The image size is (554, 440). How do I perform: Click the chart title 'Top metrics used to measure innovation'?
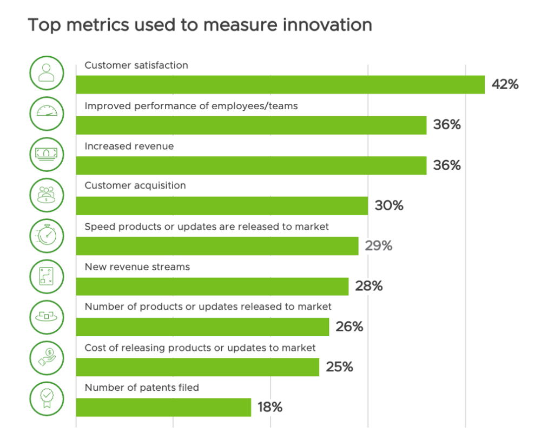pos(200,25)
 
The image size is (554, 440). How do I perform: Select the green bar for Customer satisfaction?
pos(280,85)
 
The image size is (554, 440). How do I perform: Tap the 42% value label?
pos(505,84)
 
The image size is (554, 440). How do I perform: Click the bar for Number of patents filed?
pos(163,407)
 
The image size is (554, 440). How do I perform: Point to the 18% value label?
pos(270,407)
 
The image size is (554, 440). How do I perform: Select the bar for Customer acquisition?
pos(222,206)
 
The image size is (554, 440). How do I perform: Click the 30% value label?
pos(389,206)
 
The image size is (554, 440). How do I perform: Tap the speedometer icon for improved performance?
pos(47,114)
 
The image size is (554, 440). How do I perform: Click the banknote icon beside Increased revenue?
pos(47,154)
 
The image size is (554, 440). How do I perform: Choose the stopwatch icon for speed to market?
pos(47,236)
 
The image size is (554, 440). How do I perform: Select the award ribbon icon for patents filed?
pos(47,398)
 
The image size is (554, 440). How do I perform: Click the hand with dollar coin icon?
pos(47,357)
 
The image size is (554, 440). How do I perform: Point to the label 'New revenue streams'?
pos(137,266)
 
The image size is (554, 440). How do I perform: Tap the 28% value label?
pos(369,286)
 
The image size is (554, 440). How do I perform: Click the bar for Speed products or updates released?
pos(217,246)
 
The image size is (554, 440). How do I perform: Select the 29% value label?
pos(379,246)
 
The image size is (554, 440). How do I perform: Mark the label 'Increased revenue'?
pos(129,146)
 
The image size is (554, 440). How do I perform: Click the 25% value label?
pos(339,367)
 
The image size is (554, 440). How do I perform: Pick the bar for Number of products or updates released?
pos(202,326)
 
